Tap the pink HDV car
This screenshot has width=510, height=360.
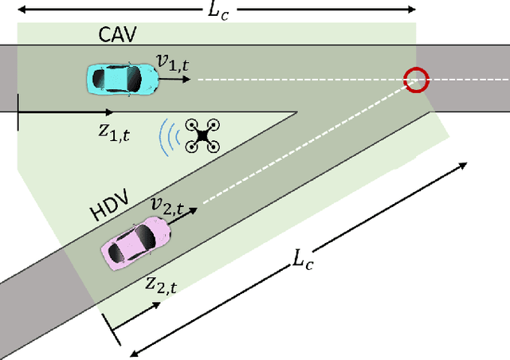(135, 242)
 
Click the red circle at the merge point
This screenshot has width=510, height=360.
(416, 79)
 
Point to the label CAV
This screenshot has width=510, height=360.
(119, 35)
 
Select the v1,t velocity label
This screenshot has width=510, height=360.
(173, 61)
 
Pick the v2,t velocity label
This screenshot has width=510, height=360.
(168, 206)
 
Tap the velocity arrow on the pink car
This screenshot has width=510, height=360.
(182, 219)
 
